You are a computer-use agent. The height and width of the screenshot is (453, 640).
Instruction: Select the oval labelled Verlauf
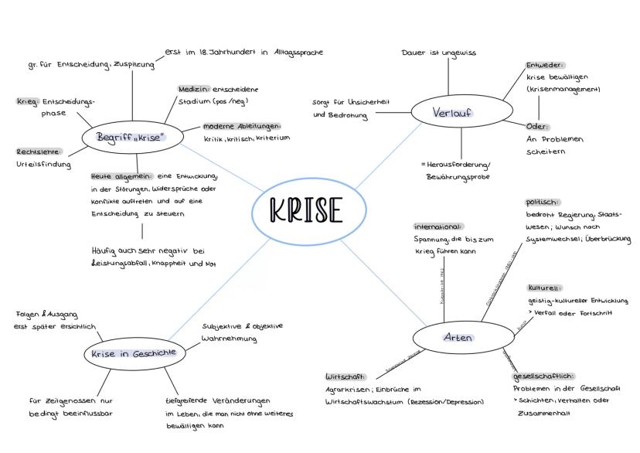tap(452, 114)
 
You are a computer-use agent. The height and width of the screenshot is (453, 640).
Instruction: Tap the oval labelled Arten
tap(458, 338)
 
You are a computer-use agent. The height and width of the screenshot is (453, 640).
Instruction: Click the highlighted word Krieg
tap(28, 101)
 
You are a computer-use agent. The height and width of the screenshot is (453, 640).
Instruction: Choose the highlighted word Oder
tap(537, 126)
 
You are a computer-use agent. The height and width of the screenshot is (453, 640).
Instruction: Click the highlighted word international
tap(438, 227)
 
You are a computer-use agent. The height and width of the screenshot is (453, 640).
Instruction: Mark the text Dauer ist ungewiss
tap(439, 53)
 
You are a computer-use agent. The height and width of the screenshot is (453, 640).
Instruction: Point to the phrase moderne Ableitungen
tap(243, 126)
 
